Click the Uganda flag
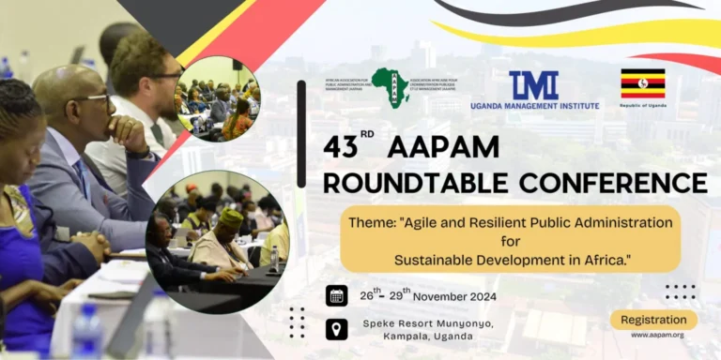click(642, 82)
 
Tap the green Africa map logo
click(390, 87)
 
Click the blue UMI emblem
click(534, 85)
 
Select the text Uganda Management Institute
click(534, 106)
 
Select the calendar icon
click(336, 295)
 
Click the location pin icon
click(336, 329)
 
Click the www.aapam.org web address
click(656, 335)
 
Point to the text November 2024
click(453, 296)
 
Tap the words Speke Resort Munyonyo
click(427, 322)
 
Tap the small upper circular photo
click(217, 97)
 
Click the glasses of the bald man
click(89, 98)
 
